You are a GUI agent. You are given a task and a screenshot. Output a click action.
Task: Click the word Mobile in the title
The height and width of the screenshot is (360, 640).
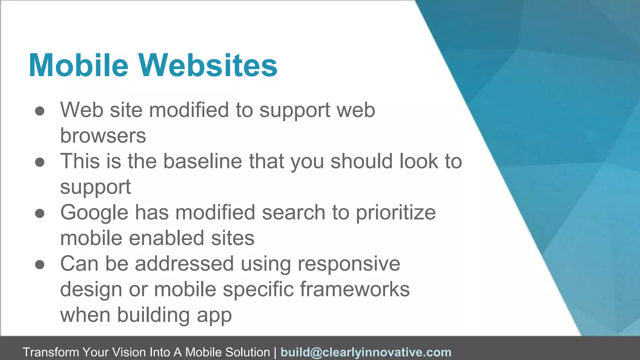[x=78, y=65]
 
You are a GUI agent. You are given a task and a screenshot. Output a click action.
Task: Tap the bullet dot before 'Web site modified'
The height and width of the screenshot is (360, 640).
[x=40, y=111]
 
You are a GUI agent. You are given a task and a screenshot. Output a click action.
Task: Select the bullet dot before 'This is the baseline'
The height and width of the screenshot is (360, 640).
[x=40, y=162]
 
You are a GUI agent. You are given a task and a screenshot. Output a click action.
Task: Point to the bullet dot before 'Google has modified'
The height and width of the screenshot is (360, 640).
[x=40, y=213]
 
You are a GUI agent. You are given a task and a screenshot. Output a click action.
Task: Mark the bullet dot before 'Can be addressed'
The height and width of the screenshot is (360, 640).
[x=40, y=265]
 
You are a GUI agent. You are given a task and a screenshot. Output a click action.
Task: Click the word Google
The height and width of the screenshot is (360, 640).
[x=94, y=213]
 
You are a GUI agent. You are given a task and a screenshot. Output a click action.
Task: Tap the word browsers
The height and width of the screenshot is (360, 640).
[x=103, y=136]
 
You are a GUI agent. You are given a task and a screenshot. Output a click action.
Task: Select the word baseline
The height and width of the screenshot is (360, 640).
[x=202, y=162]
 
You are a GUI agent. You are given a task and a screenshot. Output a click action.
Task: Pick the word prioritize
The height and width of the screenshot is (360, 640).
[x=396, y=213]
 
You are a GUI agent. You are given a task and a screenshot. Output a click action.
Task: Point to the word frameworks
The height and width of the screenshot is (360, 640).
[x=355, y=289]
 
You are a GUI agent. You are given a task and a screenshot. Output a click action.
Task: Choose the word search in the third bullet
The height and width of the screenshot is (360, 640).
[x=293, y=213]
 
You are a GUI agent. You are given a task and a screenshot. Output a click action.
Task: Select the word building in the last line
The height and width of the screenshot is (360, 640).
[x=153, y=315]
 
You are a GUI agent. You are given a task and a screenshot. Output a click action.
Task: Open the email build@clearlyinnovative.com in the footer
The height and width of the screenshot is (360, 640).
[x=366, y=352]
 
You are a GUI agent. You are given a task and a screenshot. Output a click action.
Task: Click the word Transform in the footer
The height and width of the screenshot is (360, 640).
[x=51, y=352]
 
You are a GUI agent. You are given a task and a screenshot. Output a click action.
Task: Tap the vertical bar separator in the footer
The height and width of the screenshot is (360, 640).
[x=275, y=352]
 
